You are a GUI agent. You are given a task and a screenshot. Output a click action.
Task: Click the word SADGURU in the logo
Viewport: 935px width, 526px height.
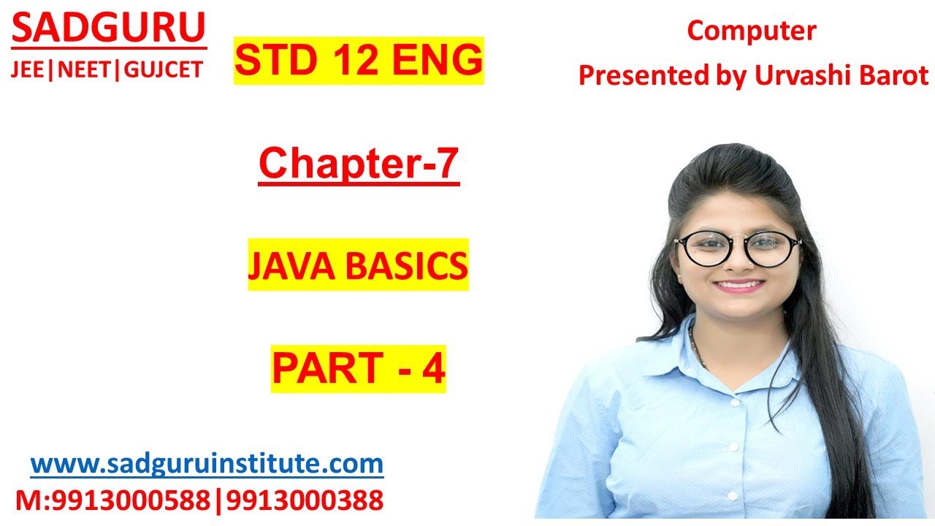109,29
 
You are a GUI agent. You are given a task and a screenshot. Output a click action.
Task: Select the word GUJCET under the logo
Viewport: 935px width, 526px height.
164,69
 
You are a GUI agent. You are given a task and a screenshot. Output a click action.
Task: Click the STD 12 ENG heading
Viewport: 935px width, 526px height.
359,61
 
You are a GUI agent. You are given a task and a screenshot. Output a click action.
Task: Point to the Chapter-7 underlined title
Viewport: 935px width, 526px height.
359,164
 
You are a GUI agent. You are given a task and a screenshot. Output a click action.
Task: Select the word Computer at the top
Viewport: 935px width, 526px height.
752,31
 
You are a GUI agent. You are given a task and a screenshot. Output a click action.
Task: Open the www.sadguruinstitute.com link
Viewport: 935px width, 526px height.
207,463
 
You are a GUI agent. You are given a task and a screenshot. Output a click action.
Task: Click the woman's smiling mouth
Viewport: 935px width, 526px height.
738,285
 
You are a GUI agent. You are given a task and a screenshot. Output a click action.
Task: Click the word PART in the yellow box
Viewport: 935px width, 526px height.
325,369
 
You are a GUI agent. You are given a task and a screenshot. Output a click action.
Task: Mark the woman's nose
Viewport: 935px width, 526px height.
738,262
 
